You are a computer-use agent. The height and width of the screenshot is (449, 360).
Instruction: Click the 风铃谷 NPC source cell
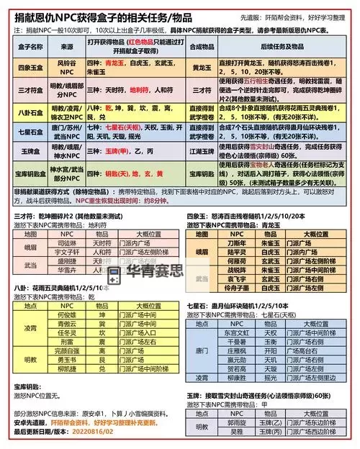(x=66, y=66)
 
